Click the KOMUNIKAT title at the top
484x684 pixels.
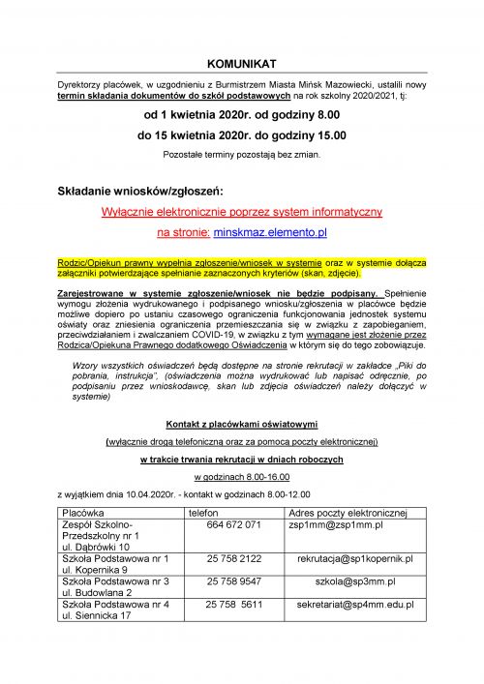[x=241, y=62]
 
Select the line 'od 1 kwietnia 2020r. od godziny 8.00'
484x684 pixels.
[x=241, y=115]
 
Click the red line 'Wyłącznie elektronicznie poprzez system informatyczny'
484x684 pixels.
[x=241, y=210]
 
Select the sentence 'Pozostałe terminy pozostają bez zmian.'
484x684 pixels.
[x=241, y=154]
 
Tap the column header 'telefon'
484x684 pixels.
[x=203, y=511]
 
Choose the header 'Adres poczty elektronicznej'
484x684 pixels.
[x=349, y=511]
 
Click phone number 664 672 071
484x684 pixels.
[x=233, y=523]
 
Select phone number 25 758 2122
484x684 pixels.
[x=233, y=558]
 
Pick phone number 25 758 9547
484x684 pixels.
[x=233, y=581]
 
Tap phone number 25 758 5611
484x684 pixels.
[x=233, y=604]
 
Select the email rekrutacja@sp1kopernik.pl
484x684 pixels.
[x=355, y=558]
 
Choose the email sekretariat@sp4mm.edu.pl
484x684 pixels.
[x=355, y=604]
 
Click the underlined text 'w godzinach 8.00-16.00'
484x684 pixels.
[x=241, y=476]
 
